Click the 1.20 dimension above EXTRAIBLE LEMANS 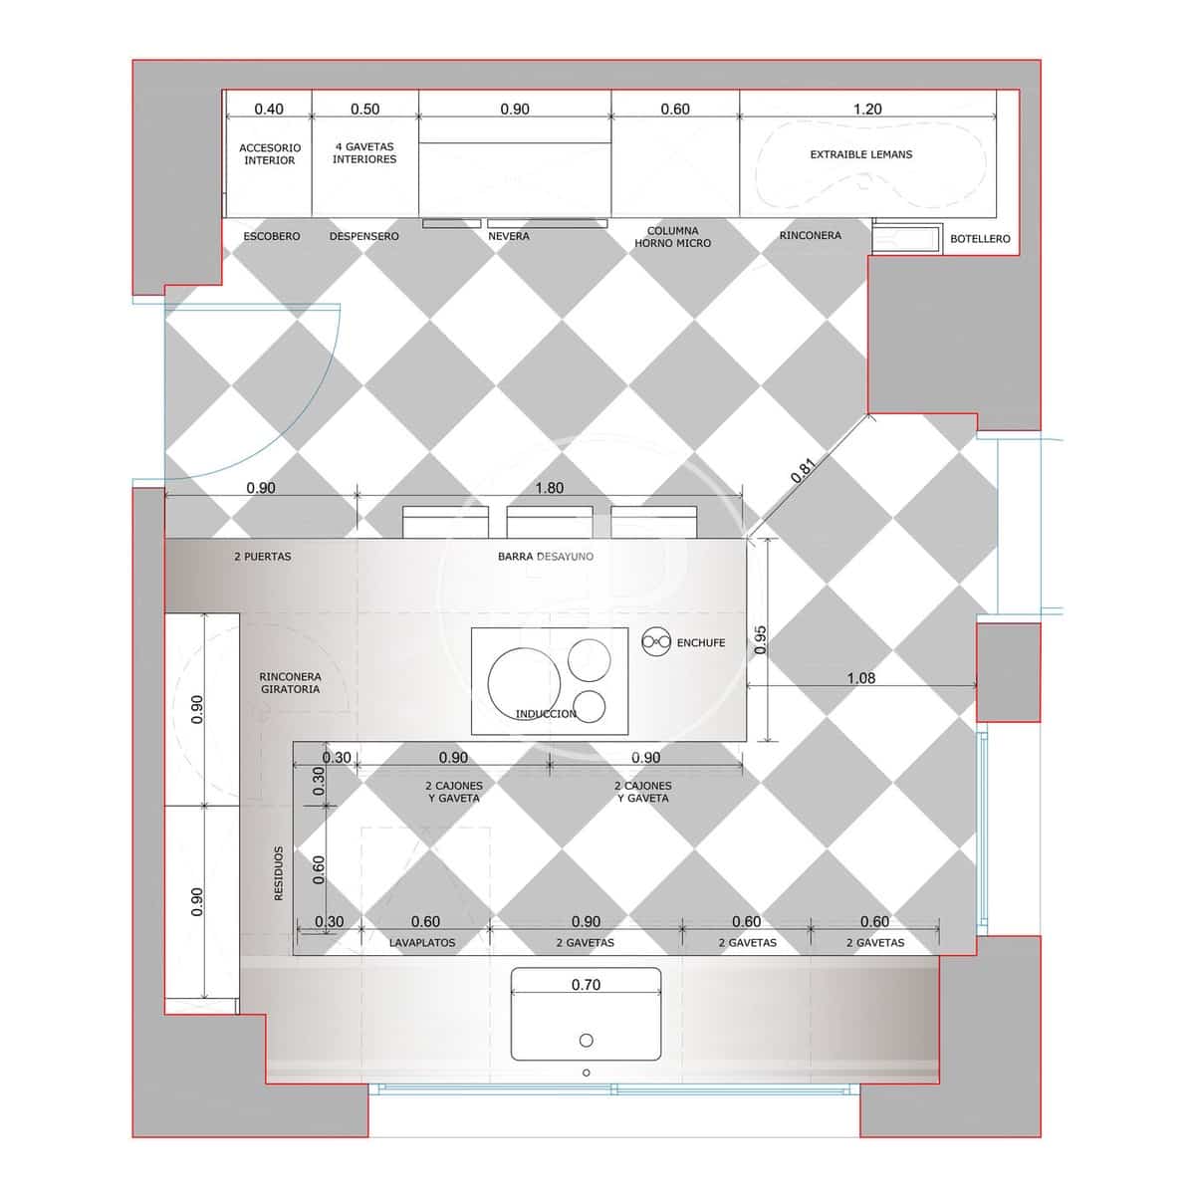pos(867,110)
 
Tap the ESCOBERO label pos(272,236)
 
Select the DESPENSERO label pos(364,236)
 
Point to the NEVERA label pos(509,236)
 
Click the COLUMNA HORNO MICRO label pos(673,237)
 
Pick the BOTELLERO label pos(980,239)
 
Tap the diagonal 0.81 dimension pos(803,470)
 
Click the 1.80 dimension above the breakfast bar pos(550,488)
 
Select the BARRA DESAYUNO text pos(546,557)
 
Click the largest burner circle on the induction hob pos(524,684)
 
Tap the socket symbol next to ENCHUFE pos(655,642)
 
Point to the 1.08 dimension pos(861,678)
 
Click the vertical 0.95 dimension pos(760,640)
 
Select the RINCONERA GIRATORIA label pos(290,683)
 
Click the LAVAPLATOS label pos(422,943)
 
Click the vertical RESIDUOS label pos(279,873)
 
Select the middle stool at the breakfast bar pos(550,522)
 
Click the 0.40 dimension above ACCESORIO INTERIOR pos(269,110)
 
